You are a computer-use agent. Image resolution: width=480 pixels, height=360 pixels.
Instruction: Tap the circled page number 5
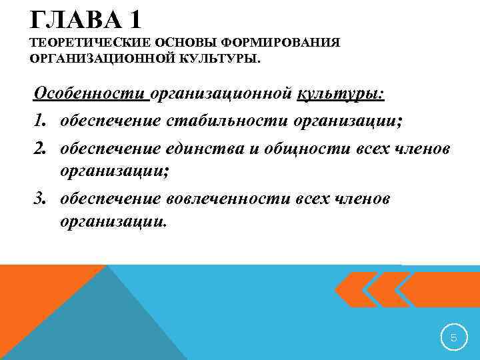453,338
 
